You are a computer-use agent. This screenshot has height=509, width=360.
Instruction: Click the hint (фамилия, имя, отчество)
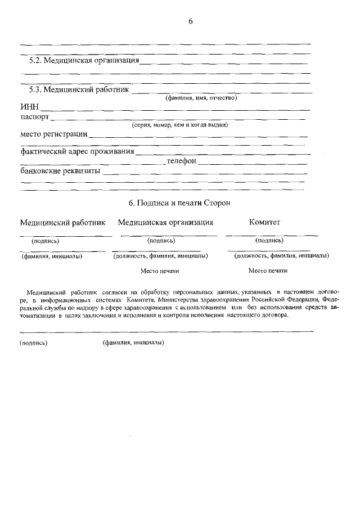201,98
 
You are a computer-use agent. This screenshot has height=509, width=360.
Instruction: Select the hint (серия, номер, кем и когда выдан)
179,125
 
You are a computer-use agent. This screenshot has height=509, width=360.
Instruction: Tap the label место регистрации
53,134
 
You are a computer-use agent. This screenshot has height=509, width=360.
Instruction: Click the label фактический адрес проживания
76,151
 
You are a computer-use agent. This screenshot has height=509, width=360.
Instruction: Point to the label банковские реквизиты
60,170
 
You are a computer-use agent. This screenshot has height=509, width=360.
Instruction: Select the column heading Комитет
264,222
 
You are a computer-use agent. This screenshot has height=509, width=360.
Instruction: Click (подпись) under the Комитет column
269,240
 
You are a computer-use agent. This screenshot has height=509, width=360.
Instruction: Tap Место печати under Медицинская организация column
160,271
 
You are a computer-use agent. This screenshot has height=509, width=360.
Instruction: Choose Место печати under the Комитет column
268,271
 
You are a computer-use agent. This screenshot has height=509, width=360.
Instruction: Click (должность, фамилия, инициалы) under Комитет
281,255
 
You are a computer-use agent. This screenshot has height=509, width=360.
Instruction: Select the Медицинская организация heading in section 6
165,222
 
